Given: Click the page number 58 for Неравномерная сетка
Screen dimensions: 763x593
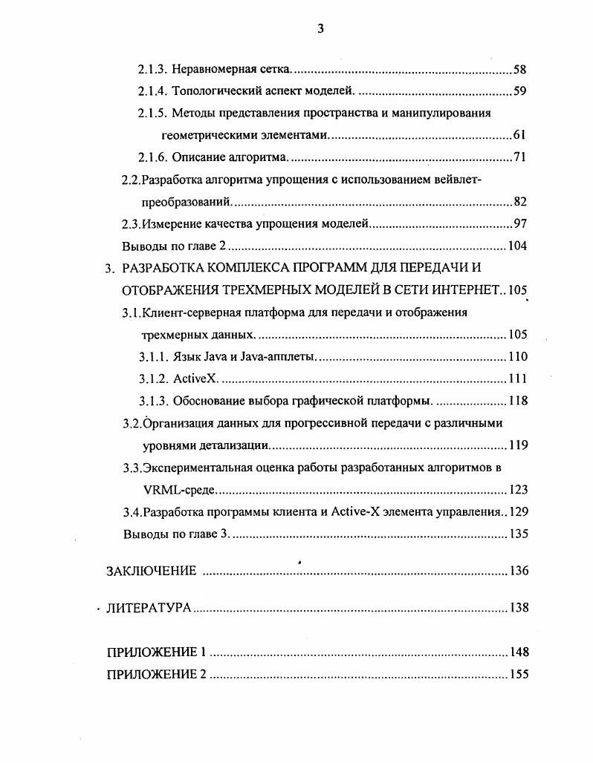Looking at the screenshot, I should coord(520,71).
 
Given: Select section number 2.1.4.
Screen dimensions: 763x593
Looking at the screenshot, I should coord(153,92).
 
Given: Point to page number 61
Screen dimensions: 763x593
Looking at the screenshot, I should coord(520,136).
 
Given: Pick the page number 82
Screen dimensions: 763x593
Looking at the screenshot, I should coord(520,202).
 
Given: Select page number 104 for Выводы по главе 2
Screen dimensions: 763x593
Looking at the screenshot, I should coord(517,246).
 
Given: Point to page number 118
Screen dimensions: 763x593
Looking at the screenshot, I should coord(518,401).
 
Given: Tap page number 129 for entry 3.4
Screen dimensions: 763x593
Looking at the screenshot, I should coord(518,511).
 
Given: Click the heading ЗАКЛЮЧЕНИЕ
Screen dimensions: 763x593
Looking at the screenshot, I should coord(152,571).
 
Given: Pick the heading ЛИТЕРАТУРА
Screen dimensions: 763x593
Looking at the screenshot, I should coord(149,608).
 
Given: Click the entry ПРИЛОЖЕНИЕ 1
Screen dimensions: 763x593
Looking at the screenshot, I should coord(156,652).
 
